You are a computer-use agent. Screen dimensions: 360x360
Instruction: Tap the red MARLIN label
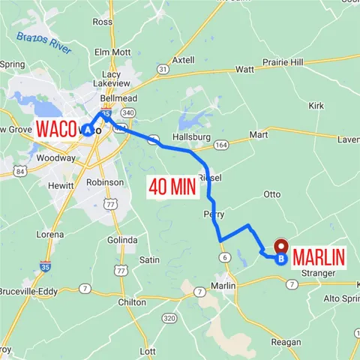pos(319,257)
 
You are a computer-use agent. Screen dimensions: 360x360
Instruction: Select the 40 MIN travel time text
pos(172,186)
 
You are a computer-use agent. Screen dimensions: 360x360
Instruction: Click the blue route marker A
pos(88,129)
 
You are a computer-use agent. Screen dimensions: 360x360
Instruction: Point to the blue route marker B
pos(280,259)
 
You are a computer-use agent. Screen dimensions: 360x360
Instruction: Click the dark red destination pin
pos(282,246)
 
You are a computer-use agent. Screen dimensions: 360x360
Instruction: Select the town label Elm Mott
pos(112,52)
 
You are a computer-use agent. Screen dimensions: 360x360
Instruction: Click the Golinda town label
pos(122,239)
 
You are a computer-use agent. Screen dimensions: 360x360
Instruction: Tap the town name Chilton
pos(131,301)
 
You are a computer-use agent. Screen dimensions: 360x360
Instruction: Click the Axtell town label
pos(182,59)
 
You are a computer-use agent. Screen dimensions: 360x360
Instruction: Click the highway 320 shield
pos(169,319)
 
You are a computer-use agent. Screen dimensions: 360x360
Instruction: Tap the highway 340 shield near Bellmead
pos(127,113)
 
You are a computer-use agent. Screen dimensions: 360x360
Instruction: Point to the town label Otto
pos(271,194)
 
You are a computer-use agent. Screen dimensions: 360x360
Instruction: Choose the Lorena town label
pos(50,234)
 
